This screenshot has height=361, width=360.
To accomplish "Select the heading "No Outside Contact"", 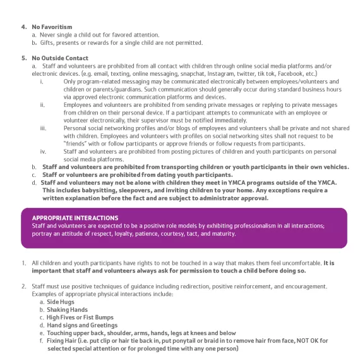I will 59,58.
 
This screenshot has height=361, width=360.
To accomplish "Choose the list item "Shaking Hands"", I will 66,310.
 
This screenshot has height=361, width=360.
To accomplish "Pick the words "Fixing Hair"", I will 63,340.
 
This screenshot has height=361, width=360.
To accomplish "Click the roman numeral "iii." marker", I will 42,128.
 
